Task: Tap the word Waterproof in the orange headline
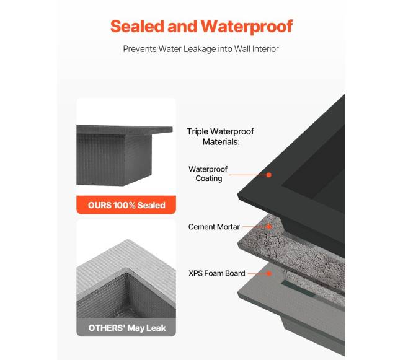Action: tap(246, 27)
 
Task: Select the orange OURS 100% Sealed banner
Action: tap(126, 205)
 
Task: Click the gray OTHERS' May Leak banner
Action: tap(126, 327)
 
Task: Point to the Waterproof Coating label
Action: tap(208, 173)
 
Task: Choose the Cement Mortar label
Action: tap(214, 227)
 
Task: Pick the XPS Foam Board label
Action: tap(216, 273)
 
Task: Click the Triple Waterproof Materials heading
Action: tap(220, 136)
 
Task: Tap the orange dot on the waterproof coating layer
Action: tap(270, 175)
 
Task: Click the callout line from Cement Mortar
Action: tap(255, 227)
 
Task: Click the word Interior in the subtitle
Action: tap(264, 48)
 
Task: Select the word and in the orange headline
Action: tap(185, 27)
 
